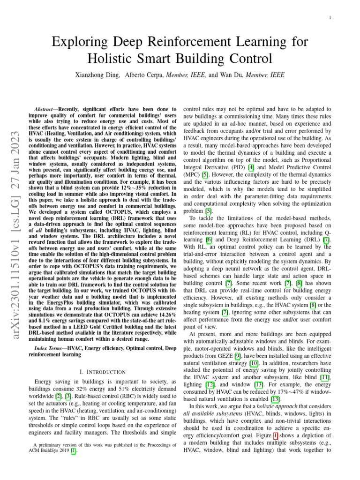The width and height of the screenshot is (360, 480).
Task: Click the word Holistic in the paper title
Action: click(x=109, y=59)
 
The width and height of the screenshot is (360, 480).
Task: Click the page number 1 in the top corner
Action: click(x=330, y=18)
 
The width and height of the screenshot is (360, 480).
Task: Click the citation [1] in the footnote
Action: click(x=73, y=450)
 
